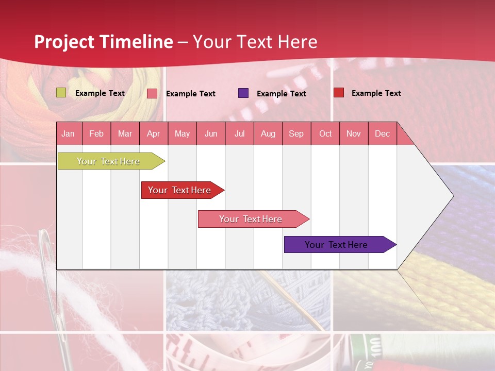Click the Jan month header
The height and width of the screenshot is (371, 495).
[x=69, y=133]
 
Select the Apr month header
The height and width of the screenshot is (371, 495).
[x=154, y=133]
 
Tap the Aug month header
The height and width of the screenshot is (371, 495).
[x=268, y=133]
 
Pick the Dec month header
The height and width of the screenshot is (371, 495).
[x=382, y=133]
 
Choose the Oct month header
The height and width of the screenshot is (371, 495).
[x=325, y=133]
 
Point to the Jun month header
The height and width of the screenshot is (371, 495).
[x=211, y=133]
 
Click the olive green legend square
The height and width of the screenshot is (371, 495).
[x=61, y=93]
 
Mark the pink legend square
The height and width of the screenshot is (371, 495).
[x=152, y=93]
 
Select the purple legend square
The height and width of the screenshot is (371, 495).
[x=243, y=93]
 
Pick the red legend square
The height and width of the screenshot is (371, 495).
[x=339, y=93]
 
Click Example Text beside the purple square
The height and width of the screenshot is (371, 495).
[x=281, y=94]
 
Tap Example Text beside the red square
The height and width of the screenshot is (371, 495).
[x=376, y=93]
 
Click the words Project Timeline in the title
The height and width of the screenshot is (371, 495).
[x=103, y=42]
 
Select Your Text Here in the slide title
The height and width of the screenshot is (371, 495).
[x=255, y=42]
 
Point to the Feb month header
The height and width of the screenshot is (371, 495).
[x=96, y=133]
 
